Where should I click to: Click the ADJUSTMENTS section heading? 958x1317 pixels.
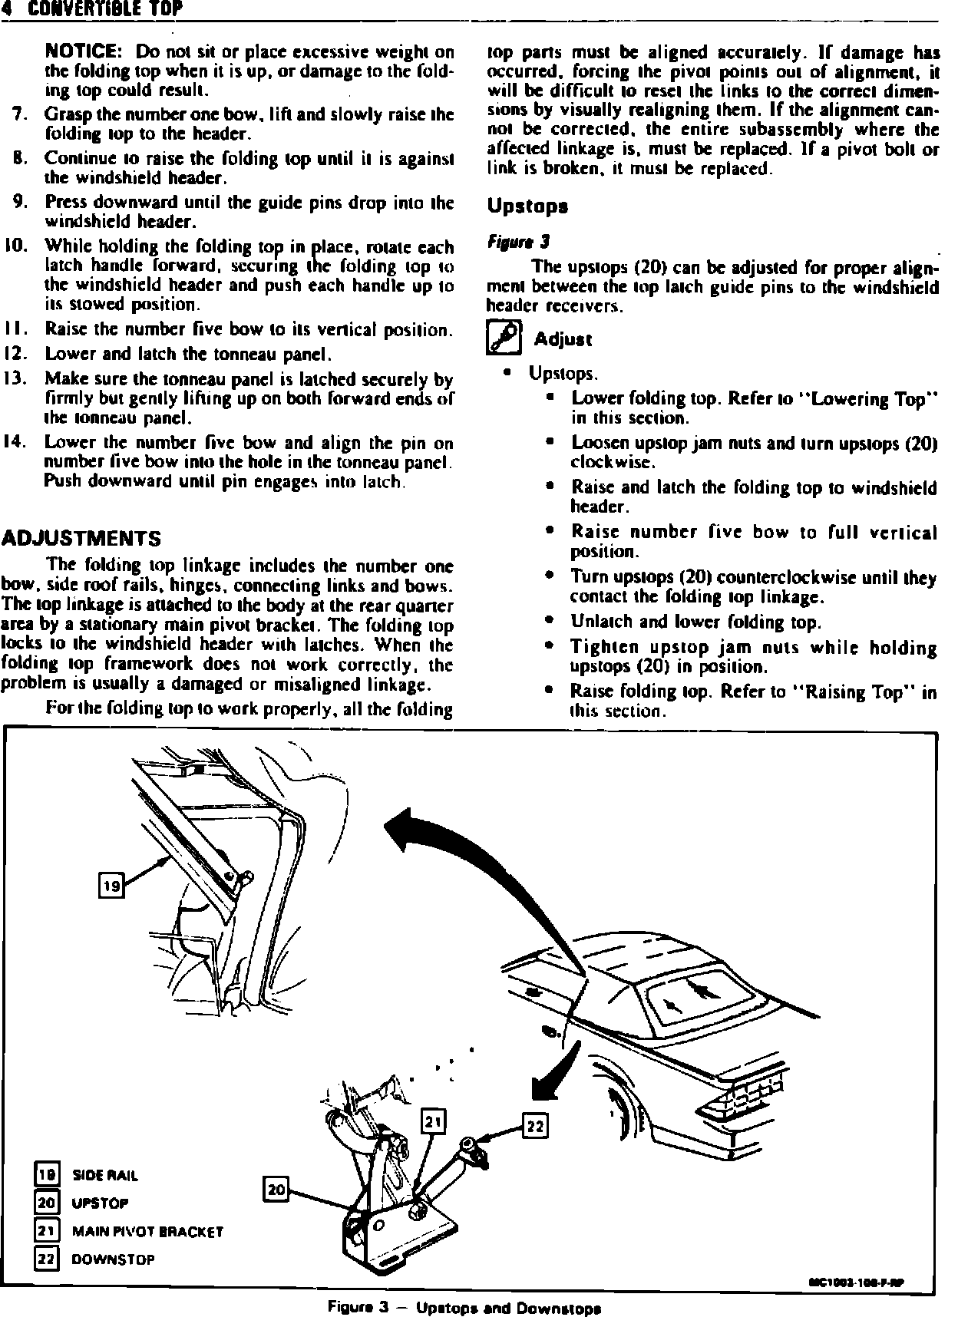click(82, 537)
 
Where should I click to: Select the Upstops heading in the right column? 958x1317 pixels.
click(527, 206)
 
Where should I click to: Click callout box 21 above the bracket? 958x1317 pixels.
click(434, 1123)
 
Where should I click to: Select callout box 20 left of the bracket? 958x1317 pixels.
click(276, 1190)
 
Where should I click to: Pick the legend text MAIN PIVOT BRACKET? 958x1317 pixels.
click(147, 1232)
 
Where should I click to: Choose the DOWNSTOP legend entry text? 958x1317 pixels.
click(113, 1259)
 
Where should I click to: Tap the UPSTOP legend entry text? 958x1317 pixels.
click(100, 1203)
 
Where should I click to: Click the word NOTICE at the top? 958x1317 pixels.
click(81, 52)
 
